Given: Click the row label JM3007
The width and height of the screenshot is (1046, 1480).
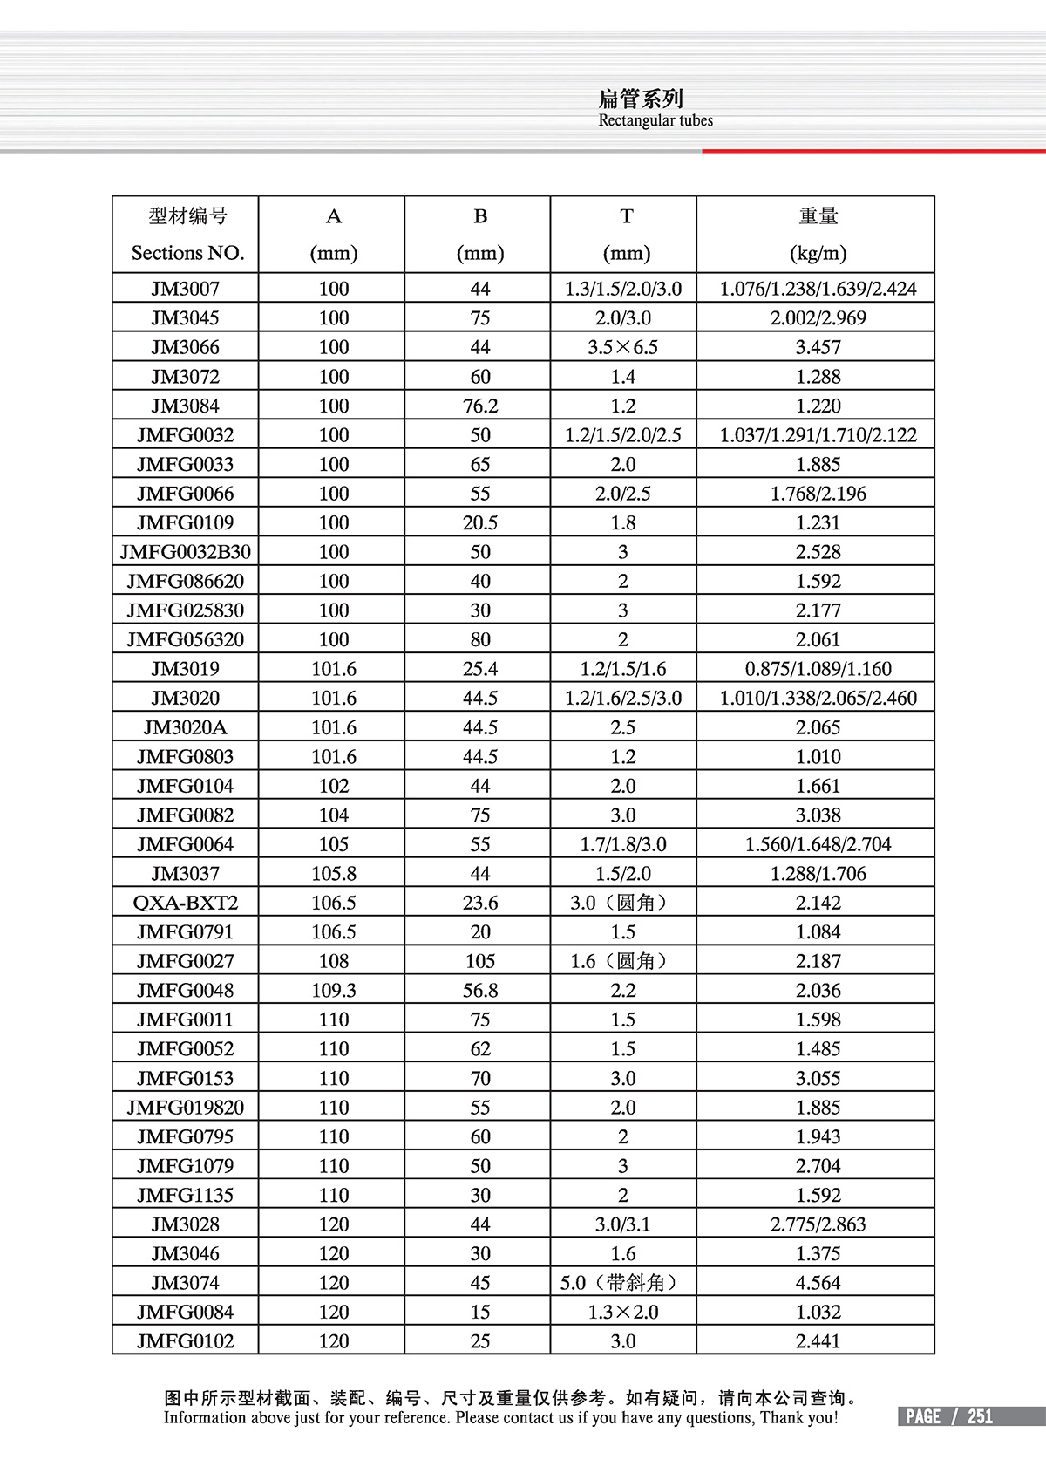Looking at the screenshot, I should pyautogui.click(x=185, y=289).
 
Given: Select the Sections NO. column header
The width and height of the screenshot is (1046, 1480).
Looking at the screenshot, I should pyautogui.click(x=187, y=253).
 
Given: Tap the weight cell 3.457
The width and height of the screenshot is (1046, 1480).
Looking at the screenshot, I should pyautogui.click(x=818, y=347).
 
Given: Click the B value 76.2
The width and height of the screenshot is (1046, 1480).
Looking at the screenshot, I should pyautogui.click(x=479, y=406).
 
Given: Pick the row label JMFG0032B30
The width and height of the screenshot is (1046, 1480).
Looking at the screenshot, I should pyautogui.click(x=185, y=552).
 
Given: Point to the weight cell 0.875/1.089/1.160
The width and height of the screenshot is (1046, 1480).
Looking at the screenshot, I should pyautogui.click(x=818, y=669).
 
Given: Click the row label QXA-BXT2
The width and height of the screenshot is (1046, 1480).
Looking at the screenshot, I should pyautogui.click(x=185, y=903).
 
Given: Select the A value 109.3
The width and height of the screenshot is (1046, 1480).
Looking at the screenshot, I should pyautogui.click(x=333, y=991).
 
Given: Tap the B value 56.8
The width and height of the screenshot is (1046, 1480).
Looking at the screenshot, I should pyautogui.click(x=479, y=991).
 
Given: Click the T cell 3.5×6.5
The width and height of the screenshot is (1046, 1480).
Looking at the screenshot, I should pyautogui.click(x=622, y=347).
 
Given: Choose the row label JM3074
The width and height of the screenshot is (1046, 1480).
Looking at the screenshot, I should pyautogui.click(x=185, y=1283).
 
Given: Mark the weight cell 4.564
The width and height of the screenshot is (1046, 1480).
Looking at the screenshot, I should pyautogui.click(x=818, y=1283).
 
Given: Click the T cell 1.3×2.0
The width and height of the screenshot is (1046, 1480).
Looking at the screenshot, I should pyautogui.click(x=622, y=1312).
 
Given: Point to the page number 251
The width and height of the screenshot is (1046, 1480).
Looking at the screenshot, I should pyautogui.click(x=980, y=1416).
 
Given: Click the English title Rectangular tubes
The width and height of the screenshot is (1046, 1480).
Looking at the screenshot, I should pyautogui.click(x=655, y=120).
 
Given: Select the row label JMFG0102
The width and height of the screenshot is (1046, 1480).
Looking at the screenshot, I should pyautogui.click(x=185, y=1341).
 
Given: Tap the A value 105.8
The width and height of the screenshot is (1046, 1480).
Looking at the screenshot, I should pyautogui.click(x=333, y=874).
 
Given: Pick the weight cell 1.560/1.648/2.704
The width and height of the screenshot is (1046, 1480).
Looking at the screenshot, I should pyautogui.click(x=818, y=844).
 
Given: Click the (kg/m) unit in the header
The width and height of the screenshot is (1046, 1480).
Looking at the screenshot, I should pyautogui.click(x=818, y=253).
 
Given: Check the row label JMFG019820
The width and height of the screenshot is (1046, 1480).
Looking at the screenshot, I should pyautogui.click(x=185, y=1108).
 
